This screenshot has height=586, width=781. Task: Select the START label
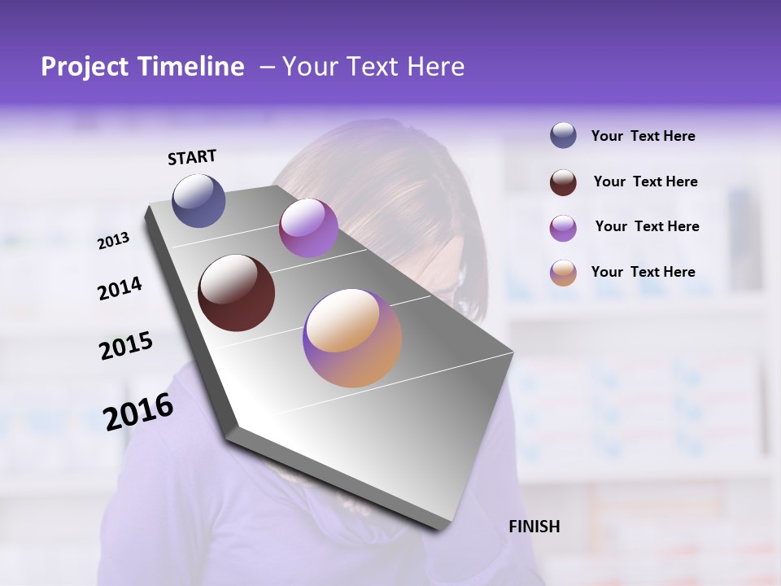pyautogui.click(x=192, y=157)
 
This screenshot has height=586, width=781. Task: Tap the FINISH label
pyautogui.click(x=534, y=527)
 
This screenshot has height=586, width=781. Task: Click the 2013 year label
pyautogui.click(x=113, y=241)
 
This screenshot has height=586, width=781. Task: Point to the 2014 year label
pyautogui.click(x=120, y=289)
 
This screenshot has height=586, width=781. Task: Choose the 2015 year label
pyautogui.click(x=126, y=346)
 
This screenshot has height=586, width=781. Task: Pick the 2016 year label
pyautogui.click(x=138, y=412)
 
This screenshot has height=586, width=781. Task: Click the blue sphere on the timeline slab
pyautogui.click(x=199, y=200)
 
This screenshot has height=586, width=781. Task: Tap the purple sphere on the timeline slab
pyautogui.click(x=308, y=228)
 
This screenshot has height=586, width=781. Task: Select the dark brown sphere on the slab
pyautogui.click(x=237, y=293)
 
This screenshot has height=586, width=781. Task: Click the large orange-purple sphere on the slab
pyautogui.click(x=352, y=338)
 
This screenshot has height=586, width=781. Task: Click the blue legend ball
pyautogui.click(x=563, y=136)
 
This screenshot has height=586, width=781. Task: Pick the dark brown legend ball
pyautogui.click(x=563, y=182)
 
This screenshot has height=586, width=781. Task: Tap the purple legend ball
pyautogui.click(x=563, y=228)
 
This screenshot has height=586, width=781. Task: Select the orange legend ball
pyautogui.click(x=563, y=273)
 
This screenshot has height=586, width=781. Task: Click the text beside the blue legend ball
pyautogui.click(x=643, y=137)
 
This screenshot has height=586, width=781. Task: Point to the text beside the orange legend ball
pyautogui.click(x=643, y=272)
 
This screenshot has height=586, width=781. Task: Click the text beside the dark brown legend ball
pyautogui.click(x=645, y=181)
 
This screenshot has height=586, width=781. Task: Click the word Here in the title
pyautogui.click(x=435, y=67)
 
